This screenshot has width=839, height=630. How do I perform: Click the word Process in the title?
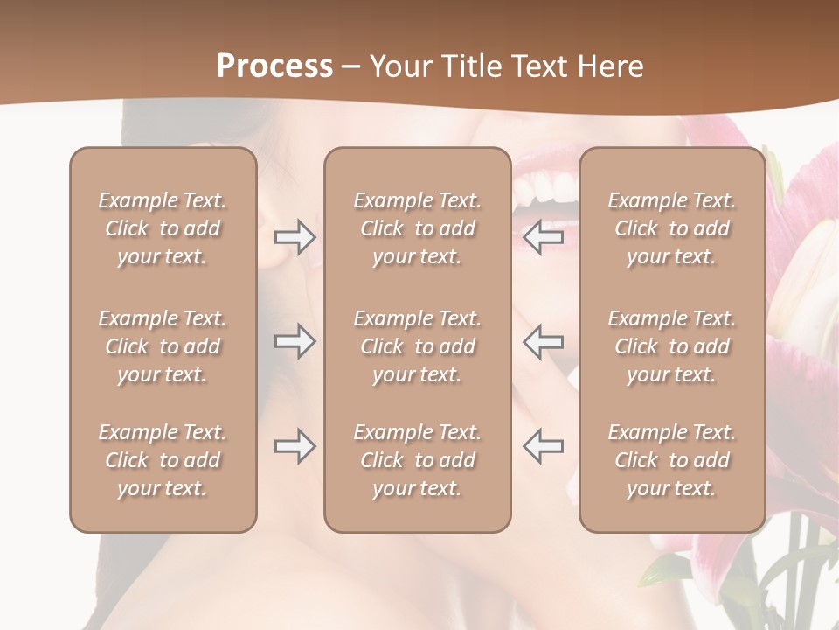[x=274, y=66]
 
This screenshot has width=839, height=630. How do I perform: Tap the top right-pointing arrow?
[x=295, y=236]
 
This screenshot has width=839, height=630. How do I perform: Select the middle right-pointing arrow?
[x=295, y=340]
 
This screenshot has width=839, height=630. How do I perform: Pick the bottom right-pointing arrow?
[x=295, y=446]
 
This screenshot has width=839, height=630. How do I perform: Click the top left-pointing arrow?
[x=543, y=236]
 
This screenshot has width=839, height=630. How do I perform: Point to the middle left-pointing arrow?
[x=543, y=340]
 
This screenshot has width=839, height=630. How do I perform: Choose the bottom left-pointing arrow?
[x=543, y=446]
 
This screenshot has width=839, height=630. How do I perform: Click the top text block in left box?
[x=163, y=228]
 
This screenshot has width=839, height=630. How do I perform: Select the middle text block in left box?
[x=163, y=346]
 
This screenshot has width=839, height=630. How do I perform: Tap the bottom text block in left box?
[x=163, y=460]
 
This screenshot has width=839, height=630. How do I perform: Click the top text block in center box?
[x=418, y=228]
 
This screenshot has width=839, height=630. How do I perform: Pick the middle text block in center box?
[x=418, y=346]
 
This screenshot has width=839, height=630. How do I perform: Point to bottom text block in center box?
[x=418, y=460]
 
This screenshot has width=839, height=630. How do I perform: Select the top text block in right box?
[x=672, y=228]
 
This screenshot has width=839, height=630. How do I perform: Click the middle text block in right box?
[x=672, y=346]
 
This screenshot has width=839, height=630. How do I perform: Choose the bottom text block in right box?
[x=672, y=460]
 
